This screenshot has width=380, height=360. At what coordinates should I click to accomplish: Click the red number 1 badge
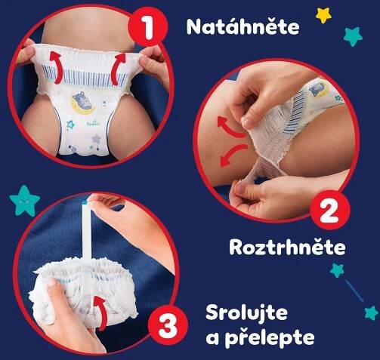(x=148, y=26)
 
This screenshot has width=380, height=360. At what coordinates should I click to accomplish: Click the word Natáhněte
(x=243, y=26)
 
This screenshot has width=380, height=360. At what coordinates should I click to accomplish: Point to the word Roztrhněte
(x=287, y=248)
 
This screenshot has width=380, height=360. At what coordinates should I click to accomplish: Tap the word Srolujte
(x=246, y=314)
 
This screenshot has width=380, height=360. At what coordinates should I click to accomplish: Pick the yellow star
(x=323, y=15)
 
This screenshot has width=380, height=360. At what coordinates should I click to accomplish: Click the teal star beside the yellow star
(x=353, y=36)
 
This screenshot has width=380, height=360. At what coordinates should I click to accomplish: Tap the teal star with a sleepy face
(x=24, y=202)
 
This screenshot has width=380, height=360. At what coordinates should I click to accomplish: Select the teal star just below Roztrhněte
(x=337, y=270)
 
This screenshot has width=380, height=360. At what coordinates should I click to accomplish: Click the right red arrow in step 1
(x=118, y=69)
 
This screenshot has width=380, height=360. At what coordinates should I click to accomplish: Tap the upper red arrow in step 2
(x=230, y=126)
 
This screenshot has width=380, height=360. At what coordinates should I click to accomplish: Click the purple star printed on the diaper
(x=96, y=139)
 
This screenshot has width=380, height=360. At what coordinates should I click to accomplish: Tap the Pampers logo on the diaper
(x=93, y=123)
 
